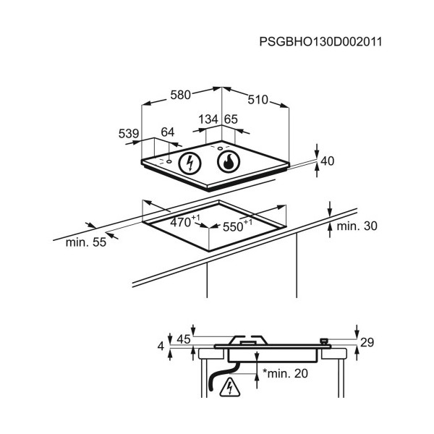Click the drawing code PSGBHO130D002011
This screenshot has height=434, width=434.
click(320, 42)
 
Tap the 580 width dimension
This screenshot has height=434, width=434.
click(180, 95)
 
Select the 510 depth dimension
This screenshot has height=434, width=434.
click(258, 100)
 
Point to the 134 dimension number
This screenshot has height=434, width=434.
click(208, 119)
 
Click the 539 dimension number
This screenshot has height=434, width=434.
click(129, 133)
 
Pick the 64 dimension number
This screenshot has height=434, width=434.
click(168, 132)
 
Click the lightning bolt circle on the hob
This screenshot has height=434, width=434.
click(190, 163)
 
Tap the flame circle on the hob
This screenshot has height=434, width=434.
click(229, 162)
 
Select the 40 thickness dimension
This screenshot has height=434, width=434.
click(328, 161)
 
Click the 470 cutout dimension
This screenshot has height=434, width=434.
click(184, 221)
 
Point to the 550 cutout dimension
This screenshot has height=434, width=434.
click(237, 226)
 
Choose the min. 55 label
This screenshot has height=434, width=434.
click(86, 242)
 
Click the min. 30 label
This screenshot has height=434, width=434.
click(357, 226)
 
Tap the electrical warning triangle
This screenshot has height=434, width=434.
click(229, 387)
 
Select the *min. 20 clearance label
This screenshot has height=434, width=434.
click(285, 373)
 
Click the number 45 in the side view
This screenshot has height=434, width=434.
click(184, 339)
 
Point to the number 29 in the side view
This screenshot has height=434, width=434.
click(367, 342)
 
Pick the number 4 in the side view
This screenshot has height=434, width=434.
click(161, 346)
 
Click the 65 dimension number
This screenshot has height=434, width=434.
click(231, 119)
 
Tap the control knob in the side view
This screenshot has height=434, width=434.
click(323, 341)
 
